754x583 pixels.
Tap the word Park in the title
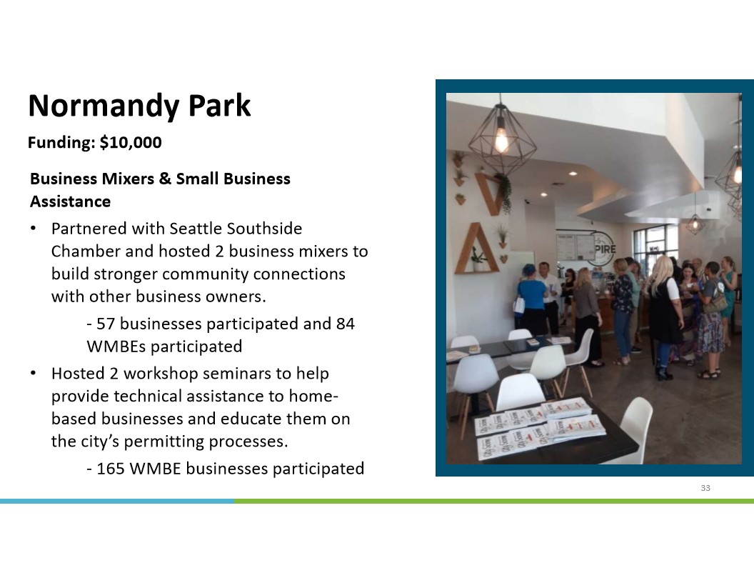219,105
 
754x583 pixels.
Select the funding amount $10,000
131,142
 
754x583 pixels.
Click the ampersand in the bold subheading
165,179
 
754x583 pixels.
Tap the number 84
346,324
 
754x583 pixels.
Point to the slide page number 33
705,488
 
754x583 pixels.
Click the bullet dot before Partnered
33,229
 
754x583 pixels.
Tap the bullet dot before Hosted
33,373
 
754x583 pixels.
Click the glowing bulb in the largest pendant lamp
501,139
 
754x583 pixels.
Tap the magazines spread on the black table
540,428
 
